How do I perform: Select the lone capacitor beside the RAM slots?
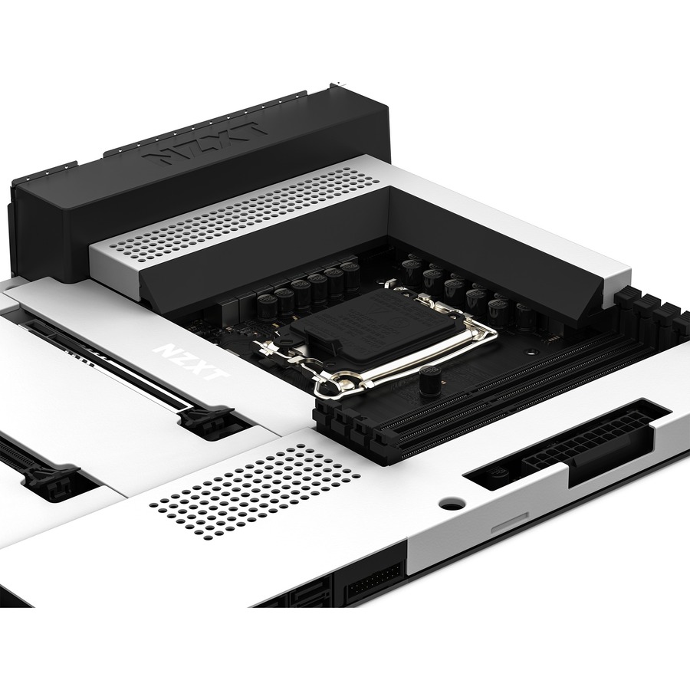[x=430, y=379]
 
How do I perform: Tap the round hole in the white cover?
[x=452, y=502]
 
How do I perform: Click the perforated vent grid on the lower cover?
[x=255, y=491]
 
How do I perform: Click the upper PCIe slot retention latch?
[x=207, y=418]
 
